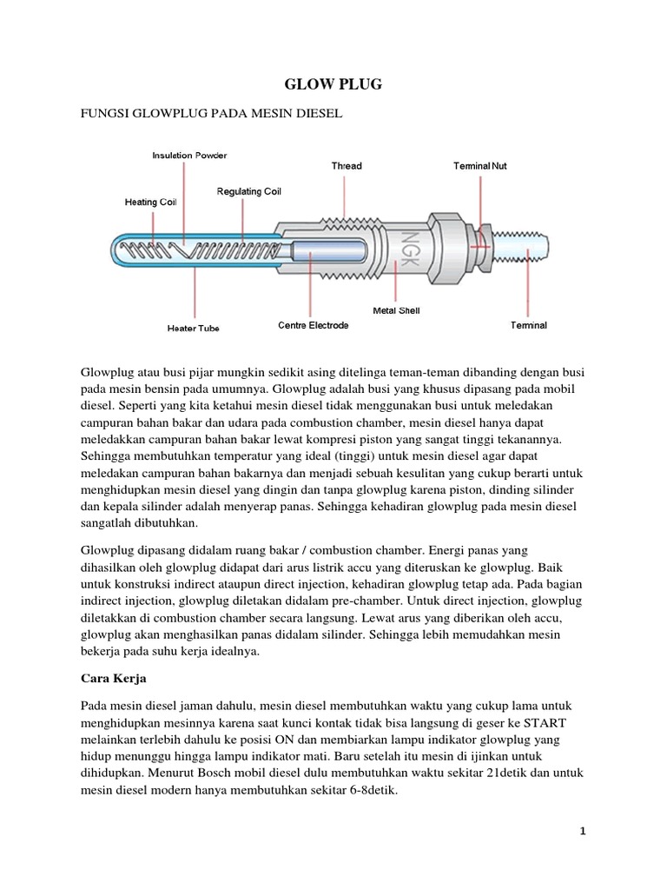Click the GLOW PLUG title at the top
coord(333,84)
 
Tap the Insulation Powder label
coord(189,156)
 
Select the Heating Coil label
coord(150,202)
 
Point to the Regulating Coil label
coord(248,191)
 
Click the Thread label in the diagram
coord(347,165)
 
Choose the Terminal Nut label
coord(480,165)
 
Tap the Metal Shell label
coord(396,309)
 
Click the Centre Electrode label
coord(313,325)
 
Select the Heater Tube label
coord(193,329)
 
